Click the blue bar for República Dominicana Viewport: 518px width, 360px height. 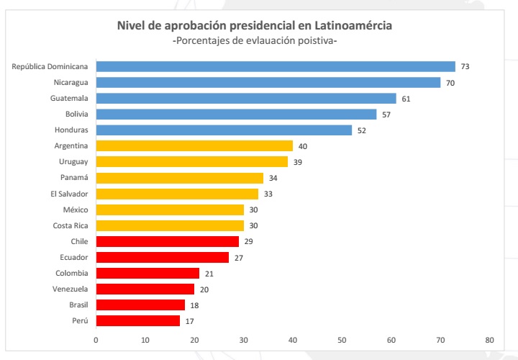[x=275, y=67]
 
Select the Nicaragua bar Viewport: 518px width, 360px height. [x=268, y=83]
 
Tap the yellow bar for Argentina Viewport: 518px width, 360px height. [x=194, y=146]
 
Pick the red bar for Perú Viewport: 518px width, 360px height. [x=137, y=320]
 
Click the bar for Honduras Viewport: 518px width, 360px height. [x=223, y=130]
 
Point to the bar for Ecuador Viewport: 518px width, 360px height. [x=162, y=257]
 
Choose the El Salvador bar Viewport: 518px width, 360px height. [x=176, y=194]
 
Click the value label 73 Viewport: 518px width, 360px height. [x=465, y=67]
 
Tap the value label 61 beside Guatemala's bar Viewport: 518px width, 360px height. [x=406, y=99]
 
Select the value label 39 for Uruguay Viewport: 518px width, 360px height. [x=297, y=162]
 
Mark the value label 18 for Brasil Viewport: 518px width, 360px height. [x=194, y=305]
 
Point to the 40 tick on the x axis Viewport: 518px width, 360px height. [x=293, y=340]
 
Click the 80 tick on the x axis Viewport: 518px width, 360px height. [x=489, y=340]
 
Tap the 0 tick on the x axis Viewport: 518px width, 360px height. [x=96, y=340]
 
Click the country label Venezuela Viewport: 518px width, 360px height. [x=70, y=289]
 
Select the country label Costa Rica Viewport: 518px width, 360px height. [x=71, y=225]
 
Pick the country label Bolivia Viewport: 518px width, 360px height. [x=76, y=114]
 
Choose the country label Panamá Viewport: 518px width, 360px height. [x=74, y=178]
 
